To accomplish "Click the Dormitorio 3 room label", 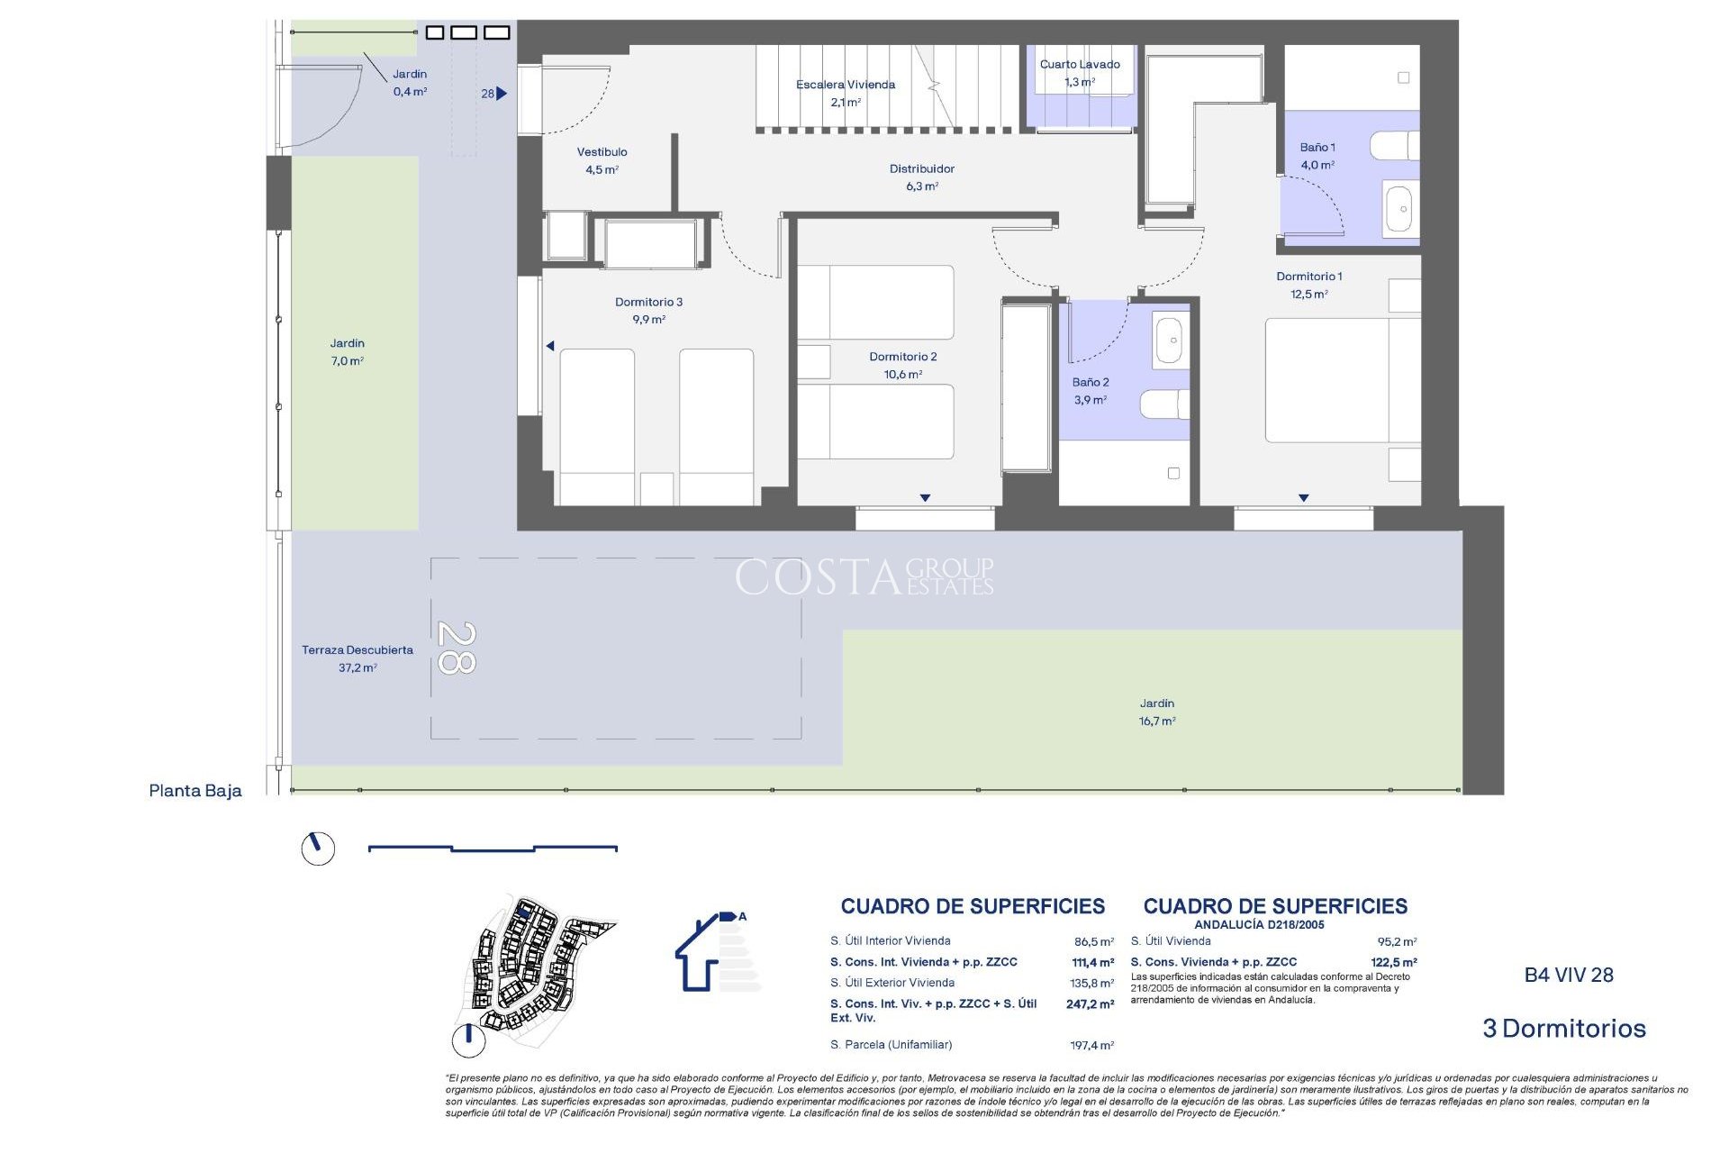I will click(x=648, y=303).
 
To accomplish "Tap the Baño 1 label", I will click(x=1317, y=148).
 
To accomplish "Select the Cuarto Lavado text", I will click(x=1079, y=65).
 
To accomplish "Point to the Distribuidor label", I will click(x=921, y=169).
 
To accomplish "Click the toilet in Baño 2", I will click(x=1163, y=404).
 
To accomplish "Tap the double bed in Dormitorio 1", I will click(x=1342, y=380).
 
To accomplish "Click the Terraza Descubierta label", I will click(x=357, y=650).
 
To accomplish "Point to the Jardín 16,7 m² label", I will click(x=1156, y=712).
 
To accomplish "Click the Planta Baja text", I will click(x=195, y=791).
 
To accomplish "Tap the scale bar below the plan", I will click(x=493, y=848).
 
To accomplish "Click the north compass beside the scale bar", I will click(x=318, y=849).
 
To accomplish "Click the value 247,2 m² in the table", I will click(x=1090, y=1003).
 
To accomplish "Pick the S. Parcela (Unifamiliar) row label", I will click(x=891, y=1045).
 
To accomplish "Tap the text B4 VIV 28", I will click(x=1568, y=976).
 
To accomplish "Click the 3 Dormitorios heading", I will click(x=1563, y=1029).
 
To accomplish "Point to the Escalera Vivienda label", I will click(x=845, y=85).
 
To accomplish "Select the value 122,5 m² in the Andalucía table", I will click(x=1393, y=962).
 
